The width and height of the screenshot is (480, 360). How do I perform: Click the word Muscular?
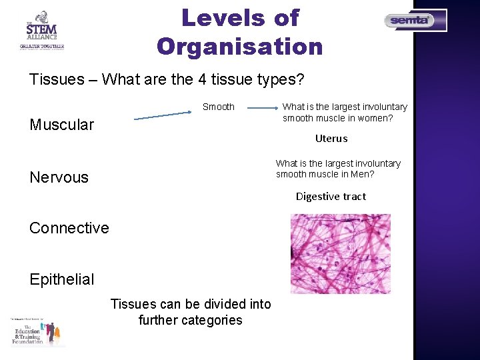pyautogui.click(x=62, y=125)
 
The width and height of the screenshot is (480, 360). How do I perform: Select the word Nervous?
pyautogui.click(x=59, y=177)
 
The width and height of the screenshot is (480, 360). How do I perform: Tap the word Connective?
pyautogui.click(x=69, y=228)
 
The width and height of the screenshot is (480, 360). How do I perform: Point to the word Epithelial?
pyautogui.click(x=62, y=279)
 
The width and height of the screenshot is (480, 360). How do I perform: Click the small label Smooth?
pyautogui.click(x=219, y=107)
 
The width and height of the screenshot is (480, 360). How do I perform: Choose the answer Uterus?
pyautogui.click(x=331, y=139)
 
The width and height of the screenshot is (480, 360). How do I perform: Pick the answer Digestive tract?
pyautogui.click(x=331, y=196)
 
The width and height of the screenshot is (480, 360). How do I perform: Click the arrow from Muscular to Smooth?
pyautogui.click(x=163, y=116)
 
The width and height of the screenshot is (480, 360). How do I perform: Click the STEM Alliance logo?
pyautogui.click(x=41, y=30)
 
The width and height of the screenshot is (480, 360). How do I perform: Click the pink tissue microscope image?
pyautogui.click(x=341, y=253)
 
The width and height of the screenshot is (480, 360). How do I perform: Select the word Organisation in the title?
pyautogui.click(x=239, y=47)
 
